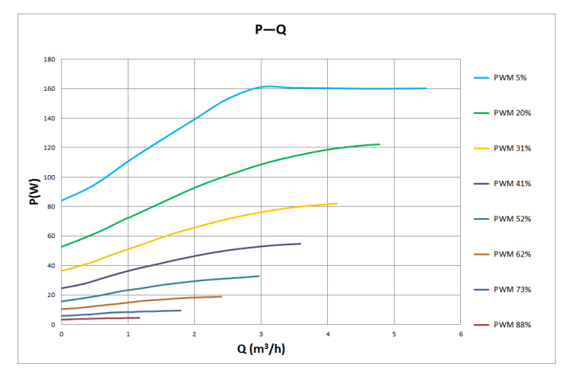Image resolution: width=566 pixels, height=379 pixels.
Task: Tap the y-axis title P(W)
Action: pyautogui.click(x=34, y=192)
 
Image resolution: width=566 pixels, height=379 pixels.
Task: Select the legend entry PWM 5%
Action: pyautogui.click(x=509, y=78)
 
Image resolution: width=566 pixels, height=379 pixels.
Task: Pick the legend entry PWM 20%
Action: pyautogui.click(x=512, y=113)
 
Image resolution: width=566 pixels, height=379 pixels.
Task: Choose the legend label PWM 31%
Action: pyautogui.click(x=512, y=148)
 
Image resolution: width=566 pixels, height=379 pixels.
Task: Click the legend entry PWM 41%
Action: pyautogui.click(x=512, y=183)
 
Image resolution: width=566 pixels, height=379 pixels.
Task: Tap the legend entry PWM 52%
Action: pyautogui.click(x=512, y=219)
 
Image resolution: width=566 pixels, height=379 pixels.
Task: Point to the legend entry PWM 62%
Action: pyautogui.click(x=512, y=254)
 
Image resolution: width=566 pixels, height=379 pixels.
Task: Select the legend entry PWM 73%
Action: pyautogui.click(x=512, y=289)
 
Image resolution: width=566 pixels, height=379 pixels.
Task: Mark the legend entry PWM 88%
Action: pyautogui.click(x=512, y=324)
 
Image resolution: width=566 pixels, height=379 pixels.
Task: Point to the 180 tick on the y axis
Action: pyautogui.click(x=49, y=60)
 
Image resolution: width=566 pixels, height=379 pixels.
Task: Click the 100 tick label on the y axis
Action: pyautogui.click(x=49, y=178)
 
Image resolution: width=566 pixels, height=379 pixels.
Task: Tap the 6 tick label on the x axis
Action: pyautogui.click(x=461, y=334)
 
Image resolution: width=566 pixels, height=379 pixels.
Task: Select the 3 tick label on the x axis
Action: pyautogui.click(x=261, y=334)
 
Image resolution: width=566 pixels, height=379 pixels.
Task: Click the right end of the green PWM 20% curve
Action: pyautogui.click(x=380, y=144)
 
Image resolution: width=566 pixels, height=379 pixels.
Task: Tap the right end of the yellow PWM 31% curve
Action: pyautogui.click(x=337, y=204)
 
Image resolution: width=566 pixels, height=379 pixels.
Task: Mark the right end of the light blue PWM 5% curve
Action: pyautogui.click(x=426, y=88)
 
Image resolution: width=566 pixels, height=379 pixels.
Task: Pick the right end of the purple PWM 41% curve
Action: pyautogui.click(x=300, y=244)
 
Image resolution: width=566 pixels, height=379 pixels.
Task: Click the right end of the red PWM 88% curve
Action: pyautogui.click(x=139, y=318)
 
